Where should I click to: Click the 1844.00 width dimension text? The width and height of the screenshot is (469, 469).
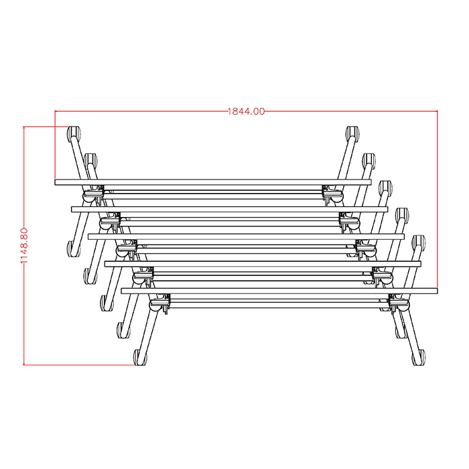click(246, 111)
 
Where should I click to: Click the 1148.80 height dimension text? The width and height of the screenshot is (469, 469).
click(25, 245)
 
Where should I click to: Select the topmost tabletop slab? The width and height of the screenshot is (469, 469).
click(212, 182)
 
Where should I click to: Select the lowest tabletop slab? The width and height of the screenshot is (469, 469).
click(279, 291)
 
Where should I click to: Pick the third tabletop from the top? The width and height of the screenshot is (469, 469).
click(246, 236)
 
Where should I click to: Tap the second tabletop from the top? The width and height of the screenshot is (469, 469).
click(229, 209)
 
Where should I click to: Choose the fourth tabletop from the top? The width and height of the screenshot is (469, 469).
click(263, 263)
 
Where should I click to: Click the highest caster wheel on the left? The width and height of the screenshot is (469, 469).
click(72, 132)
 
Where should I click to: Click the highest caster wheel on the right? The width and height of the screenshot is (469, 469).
click(351, 133)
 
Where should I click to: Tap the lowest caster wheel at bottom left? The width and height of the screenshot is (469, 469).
click(140, 357)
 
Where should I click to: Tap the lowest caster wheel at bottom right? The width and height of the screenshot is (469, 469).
click(419, 357)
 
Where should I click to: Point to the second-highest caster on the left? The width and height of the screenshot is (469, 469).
click(90, 160)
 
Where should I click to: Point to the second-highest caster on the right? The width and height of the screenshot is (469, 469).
click(368, 160)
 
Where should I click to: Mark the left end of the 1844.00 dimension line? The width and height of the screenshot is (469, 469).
click(55, 111)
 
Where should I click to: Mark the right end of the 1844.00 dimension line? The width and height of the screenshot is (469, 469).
click(437, 111)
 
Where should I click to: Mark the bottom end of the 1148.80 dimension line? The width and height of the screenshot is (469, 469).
click(25, 364)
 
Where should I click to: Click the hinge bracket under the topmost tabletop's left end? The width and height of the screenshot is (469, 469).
click(92, 194)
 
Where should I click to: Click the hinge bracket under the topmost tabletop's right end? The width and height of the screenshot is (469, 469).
click(331, 194)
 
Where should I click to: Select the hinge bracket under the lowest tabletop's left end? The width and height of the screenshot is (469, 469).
click(159, 304)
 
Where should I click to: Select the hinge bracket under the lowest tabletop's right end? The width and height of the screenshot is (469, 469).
click(399, 304)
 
